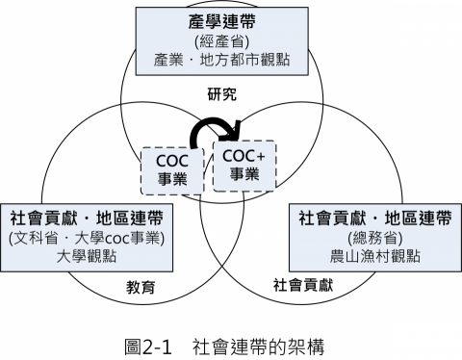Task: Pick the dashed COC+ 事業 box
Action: coord(244,164)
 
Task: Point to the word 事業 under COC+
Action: coord(244,174)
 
